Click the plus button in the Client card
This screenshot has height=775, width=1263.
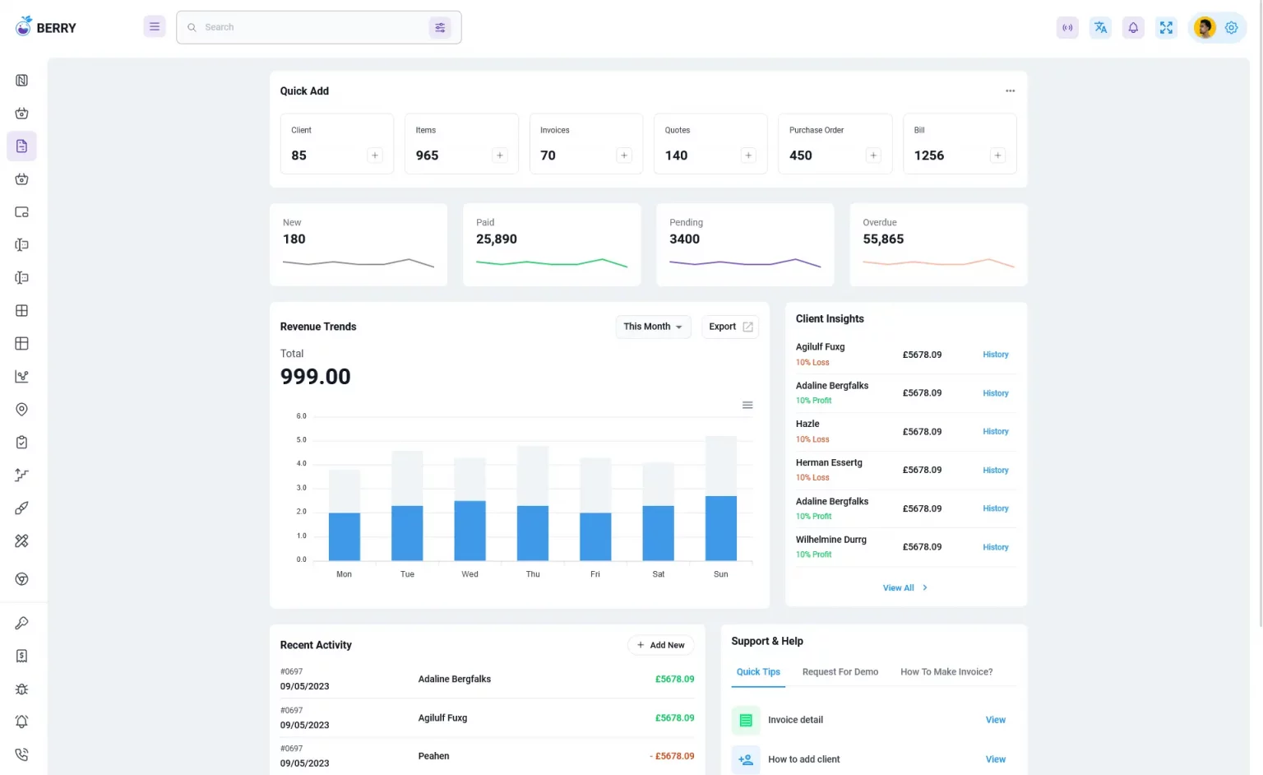tap(375, 155)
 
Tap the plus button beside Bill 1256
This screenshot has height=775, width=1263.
tap(997, 155)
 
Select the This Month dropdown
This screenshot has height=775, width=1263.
tap(653, 327)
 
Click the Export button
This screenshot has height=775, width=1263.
tap(730, 327)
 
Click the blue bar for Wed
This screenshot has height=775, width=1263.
tap(470, 531)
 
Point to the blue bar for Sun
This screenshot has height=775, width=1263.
tap(721, 528)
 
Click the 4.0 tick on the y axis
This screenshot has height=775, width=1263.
tap(302, 464)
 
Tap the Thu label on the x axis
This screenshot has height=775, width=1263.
tap(533, 574)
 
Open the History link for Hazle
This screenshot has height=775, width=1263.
tap(995, 432)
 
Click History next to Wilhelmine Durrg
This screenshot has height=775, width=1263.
tap(995, 547)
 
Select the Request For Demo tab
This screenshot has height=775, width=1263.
tap(840, 672)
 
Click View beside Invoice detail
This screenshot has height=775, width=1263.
tap(995, 720)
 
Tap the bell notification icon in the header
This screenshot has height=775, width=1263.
tap(1133, 28)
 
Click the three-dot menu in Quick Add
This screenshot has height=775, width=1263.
tap(1010, 91)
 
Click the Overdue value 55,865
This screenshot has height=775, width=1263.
tap(883, 239)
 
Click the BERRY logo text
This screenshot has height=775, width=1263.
tap(56, 28)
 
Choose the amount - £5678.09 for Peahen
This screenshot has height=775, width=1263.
tap(672, 756)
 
